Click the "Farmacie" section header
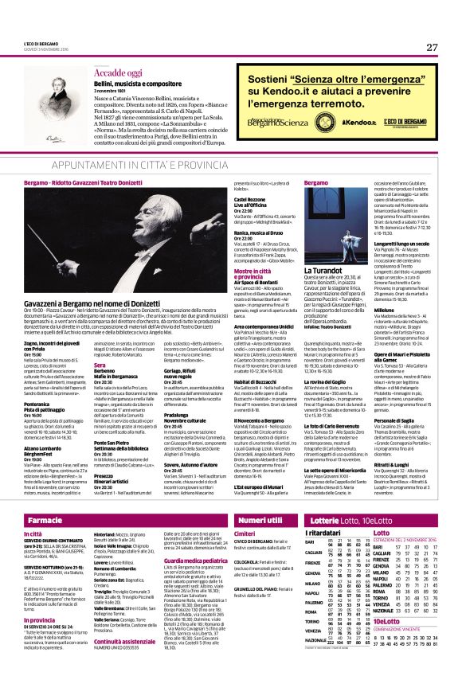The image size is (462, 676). [45, 497]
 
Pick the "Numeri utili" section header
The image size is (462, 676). [260, 497]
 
